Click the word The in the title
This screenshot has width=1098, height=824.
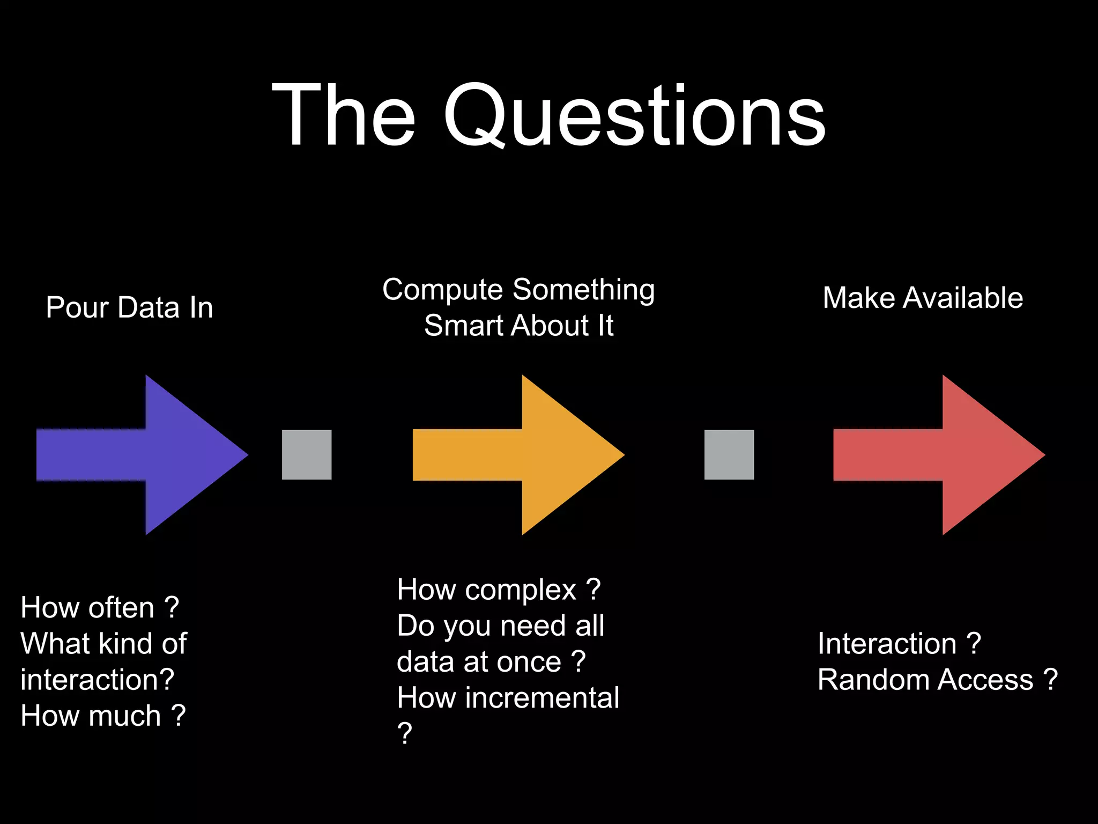coord(343,115)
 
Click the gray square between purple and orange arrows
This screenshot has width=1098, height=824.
coord(307,454)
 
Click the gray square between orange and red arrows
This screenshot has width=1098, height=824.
coord(729,454)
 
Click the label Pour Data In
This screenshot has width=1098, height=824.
coord(129,308)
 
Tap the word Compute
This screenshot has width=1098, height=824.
coord(443,290)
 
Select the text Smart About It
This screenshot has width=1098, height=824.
coord(518,326)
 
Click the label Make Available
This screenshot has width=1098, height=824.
coord(923,298)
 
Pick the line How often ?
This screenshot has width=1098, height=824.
coord(100,608)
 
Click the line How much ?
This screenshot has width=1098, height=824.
coord(103,716)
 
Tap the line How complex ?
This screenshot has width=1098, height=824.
coord(499,590)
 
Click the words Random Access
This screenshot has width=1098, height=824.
coord(925,680)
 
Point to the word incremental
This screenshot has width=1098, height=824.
coord(542,698)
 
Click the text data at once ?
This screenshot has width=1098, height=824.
coord(491,662)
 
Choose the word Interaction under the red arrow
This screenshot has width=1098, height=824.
coord(887,644)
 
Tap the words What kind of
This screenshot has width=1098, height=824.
coord(103,644)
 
